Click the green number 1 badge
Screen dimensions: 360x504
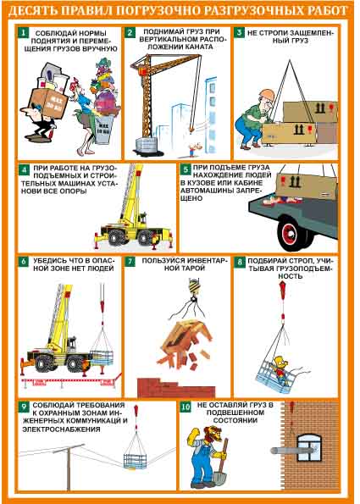tap(24, 33)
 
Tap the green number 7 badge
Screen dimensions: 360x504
tap(130, 262)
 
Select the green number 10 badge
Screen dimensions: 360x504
tap(186, 407)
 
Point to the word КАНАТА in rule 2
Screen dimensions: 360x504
tap(199, 47)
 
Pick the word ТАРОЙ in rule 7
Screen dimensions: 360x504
tap(185, 268)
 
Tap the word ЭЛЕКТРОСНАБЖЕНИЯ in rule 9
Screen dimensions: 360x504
tap(61, 429)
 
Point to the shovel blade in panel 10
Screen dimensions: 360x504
tap(219, 477)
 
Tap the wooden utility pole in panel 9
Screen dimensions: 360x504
tap(69, 468)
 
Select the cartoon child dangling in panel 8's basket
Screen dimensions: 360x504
tap(279, 370)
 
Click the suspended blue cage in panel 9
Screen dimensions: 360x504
tap(135, 461)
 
